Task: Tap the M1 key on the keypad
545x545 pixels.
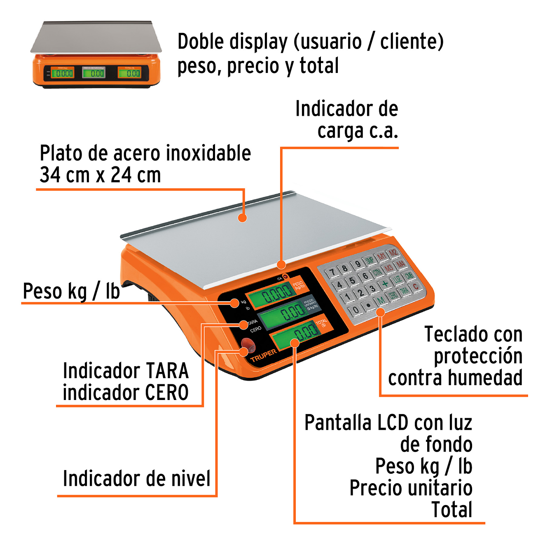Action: [381, 256]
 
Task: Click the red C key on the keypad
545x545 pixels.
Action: [415, 286]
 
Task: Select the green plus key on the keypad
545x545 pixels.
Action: [385, 283]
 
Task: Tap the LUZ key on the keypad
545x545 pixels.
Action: [397, 280]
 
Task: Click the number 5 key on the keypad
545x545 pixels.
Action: [352, 281]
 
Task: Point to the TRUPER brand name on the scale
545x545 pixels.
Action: [264, 356]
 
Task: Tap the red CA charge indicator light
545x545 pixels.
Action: [284, 277]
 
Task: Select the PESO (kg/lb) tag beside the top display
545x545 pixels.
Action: [298, 285]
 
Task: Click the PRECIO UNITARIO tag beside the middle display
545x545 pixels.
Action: [311, 304]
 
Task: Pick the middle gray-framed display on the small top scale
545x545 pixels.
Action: [94, 73]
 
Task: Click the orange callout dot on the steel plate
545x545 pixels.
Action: [243, 218]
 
